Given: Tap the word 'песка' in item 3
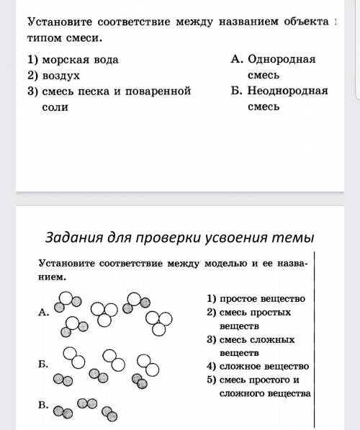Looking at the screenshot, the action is pyautogui.click(x=134, y=91).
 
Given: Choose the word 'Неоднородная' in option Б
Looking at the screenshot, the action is pyautogui.click(x=284, y=91).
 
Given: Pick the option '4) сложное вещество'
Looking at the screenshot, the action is pyautogui.click(x=257, y=367).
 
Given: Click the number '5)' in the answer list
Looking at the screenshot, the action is pyautogui.click(x=212, y=380).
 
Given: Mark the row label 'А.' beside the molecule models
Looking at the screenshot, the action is pyautogui.click(x=43, y=313).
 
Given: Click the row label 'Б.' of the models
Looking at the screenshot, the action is pyautogui.click(x=43, y=365).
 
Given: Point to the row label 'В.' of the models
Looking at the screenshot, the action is pyautogui.click(x=43, y=406).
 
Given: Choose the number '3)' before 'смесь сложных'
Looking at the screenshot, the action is pyautogui.click(x=212, y=339).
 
